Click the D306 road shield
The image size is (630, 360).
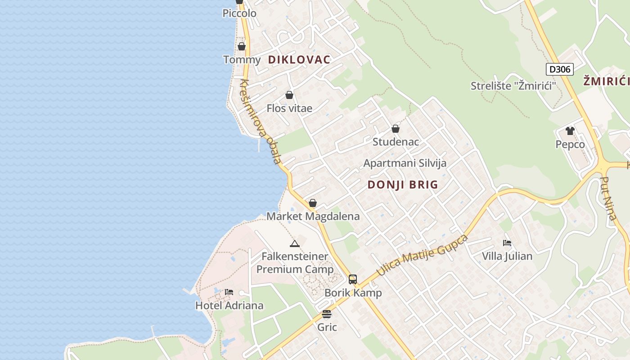pyautogui.click(x=560, y=69)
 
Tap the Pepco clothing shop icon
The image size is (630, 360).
pyautogui.click(x=570, y=131)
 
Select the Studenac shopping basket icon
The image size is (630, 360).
pyautogui.click(x=396, y=129)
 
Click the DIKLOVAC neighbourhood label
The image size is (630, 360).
pyautogui.click(x=299, y=59)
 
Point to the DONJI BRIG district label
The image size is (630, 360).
pyautogui.click(x=403, y=184)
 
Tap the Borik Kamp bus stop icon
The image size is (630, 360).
pyautogui.click(x=353, y=279)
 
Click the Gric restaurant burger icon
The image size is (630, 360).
pyautogui.click(x=327, y=314)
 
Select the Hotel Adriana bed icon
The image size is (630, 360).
pyautogui.click(x=229, y=292)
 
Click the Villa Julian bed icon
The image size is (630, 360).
pyautogui.click(x=507, y=243)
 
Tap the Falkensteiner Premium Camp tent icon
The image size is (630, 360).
pyautogui.click(x=295, y=244)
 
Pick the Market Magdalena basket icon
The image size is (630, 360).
pyautogui.click(x=313, y=203)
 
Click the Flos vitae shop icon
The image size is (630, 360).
pyautogui.click(x=289, y=95)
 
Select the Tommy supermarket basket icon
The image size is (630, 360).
pyautogui.click(x=242, y=46)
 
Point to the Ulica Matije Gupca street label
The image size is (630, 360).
pyautogui.click(x=422, y=255)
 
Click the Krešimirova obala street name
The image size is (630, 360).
pyautogui.click(x=261, y=122)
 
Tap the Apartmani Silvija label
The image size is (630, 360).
pyautogui.click(x=405, y=163)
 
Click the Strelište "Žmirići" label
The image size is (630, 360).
pyautogui.click(x=513, y=85)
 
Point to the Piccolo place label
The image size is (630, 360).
pyautogui.click(x=239, y=13)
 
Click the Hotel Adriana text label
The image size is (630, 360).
pyautogui.click(x=229, y=306)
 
